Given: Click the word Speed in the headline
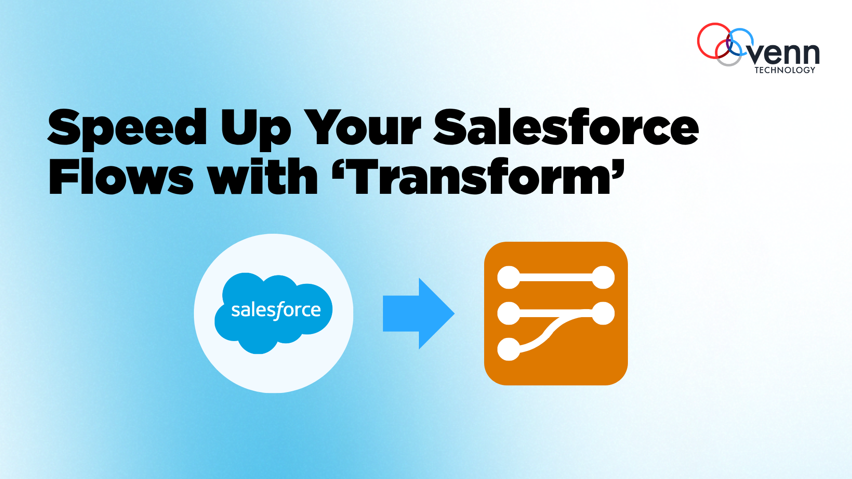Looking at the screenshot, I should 127,128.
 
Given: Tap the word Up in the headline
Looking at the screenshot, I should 256,129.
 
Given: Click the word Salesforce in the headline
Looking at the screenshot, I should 566,128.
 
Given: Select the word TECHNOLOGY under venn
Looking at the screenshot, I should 785,70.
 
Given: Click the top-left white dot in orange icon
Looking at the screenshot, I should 509,278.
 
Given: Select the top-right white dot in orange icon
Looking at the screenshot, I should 603,278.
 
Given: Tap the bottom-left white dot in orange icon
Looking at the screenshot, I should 509,349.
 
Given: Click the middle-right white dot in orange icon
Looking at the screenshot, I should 603,313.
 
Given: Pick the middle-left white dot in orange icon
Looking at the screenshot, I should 509,313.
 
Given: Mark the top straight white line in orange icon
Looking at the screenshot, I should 556,278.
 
